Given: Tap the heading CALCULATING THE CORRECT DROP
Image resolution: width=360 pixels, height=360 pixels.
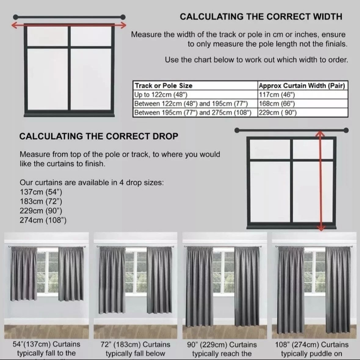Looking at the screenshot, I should point(99,136).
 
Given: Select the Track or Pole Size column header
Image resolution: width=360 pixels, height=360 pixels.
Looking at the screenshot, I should point(163,85).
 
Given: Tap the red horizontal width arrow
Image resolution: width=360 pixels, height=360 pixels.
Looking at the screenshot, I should point(69,25).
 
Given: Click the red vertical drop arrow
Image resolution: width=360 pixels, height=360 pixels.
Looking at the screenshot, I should point(321,181).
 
